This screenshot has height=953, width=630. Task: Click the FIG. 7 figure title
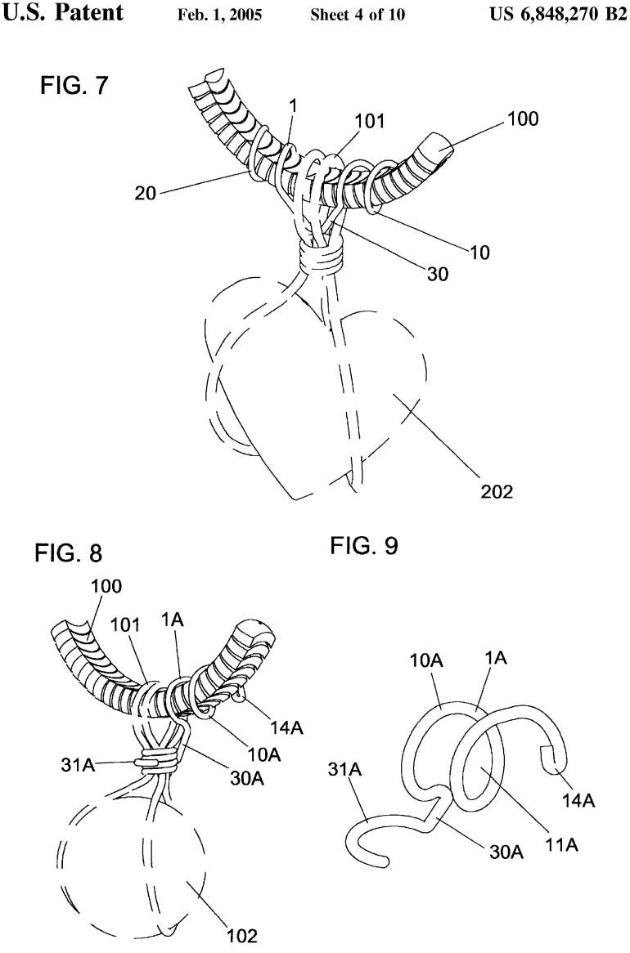tap(73, 86)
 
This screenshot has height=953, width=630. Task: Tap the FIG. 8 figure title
tap(69, 553)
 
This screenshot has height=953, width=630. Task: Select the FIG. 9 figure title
tap(364, 545)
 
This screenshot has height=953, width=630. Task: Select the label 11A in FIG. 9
tap(561, 844)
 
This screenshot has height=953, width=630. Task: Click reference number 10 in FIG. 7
tap(479, 252)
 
